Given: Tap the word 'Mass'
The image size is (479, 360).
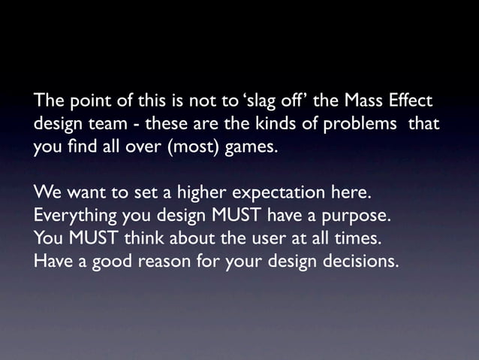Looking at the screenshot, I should (x=356, y=101).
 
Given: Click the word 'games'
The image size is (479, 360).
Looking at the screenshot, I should (x=249, y=146).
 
